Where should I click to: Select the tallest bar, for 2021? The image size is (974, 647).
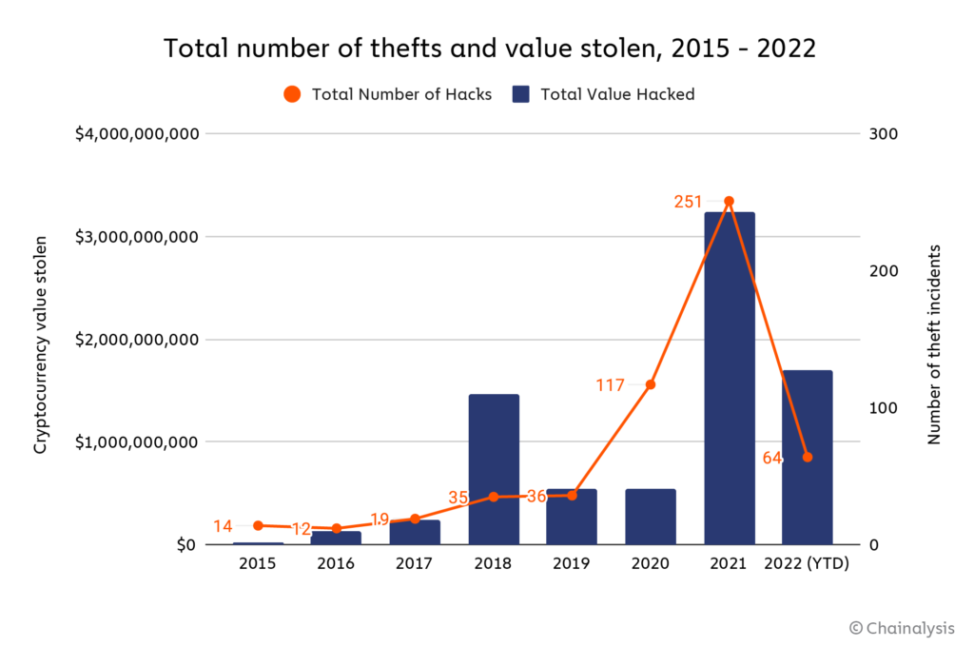(x=730, y=381)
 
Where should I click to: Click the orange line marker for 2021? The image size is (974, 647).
(x=730, y=202)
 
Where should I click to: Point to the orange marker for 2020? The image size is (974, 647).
(x=651, y=384)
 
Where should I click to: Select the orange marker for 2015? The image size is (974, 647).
(x=258, y=525)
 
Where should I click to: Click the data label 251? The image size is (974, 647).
(x=688, y=202)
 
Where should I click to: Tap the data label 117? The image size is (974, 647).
(x=610, y=385)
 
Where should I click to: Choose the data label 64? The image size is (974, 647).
(x=771, y=458)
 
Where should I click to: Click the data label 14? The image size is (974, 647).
(x=223, y=526)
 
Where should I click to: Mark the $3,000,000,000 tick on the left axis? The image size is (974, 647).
(x=136, y=236)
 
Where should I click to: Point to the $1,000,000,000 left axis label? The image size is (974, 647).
(x=136, y=442)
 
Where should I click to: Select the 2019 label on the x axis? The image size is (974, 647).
(x=572, y=563)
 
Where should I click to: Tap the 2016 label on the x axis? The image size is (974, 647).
(x=336, y=563)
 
